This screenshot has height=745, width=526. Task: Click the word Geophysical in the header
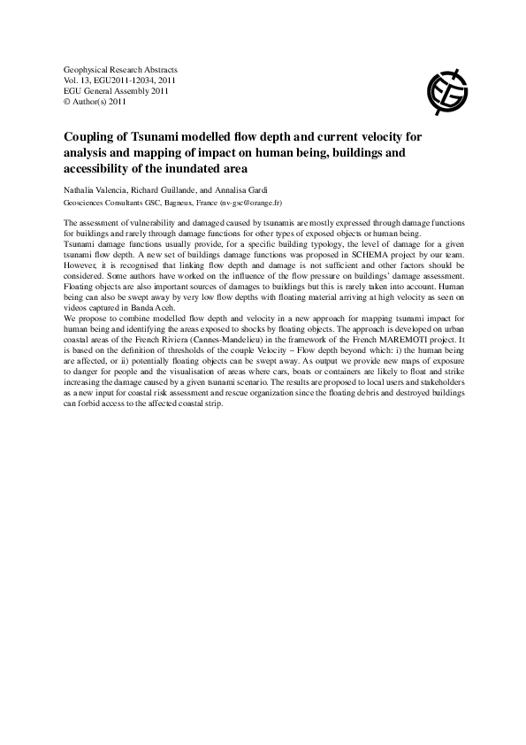click(88, 68)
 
